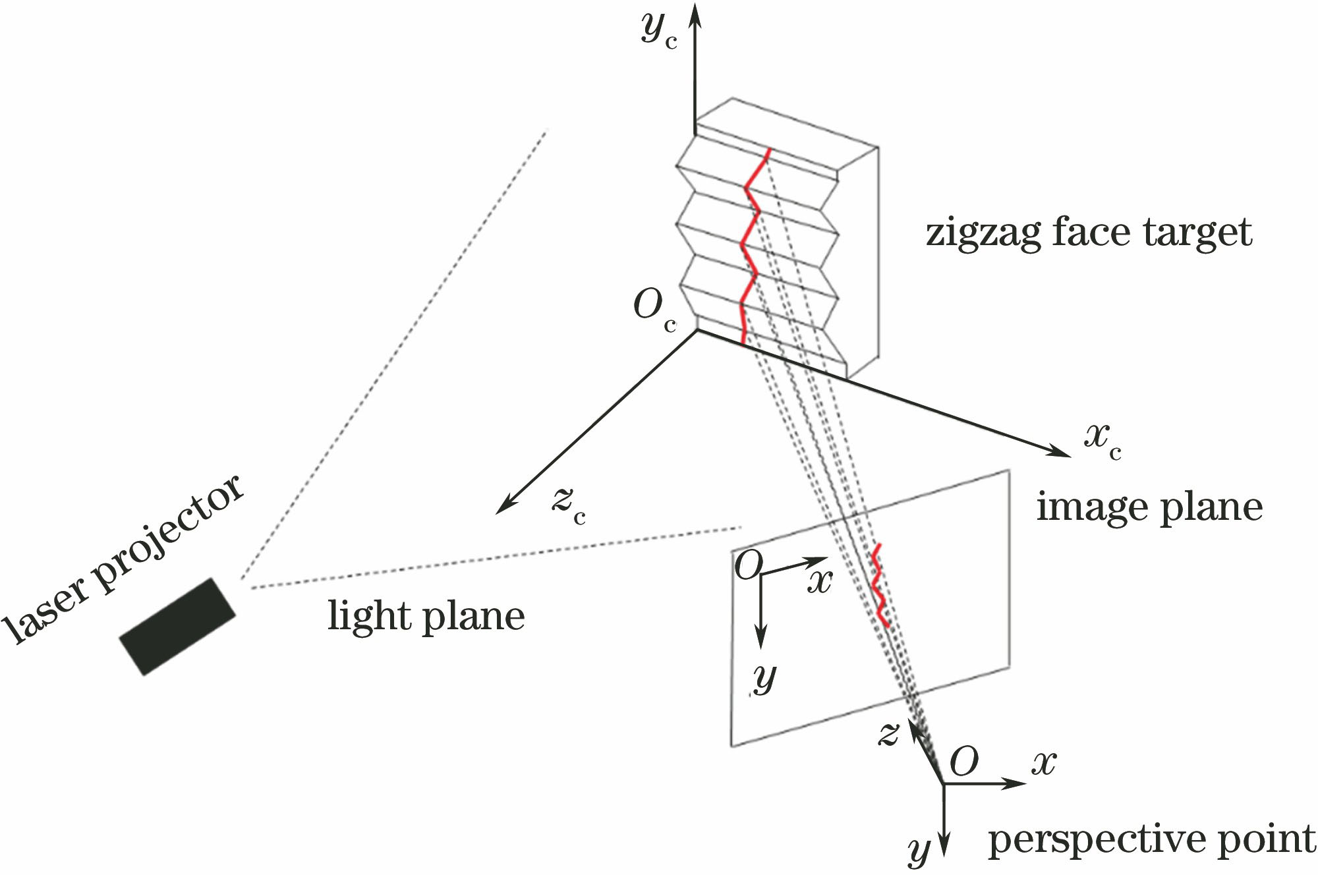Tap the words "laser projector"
[125, 560]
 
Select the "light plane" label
[426, 617]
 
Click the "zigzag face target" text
[1089, 233]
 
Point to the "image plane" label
[1149, 507]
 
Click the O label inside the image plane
[749, 565]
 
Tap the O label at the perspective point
[964, 762]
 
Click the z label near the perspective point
[888, 733]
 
